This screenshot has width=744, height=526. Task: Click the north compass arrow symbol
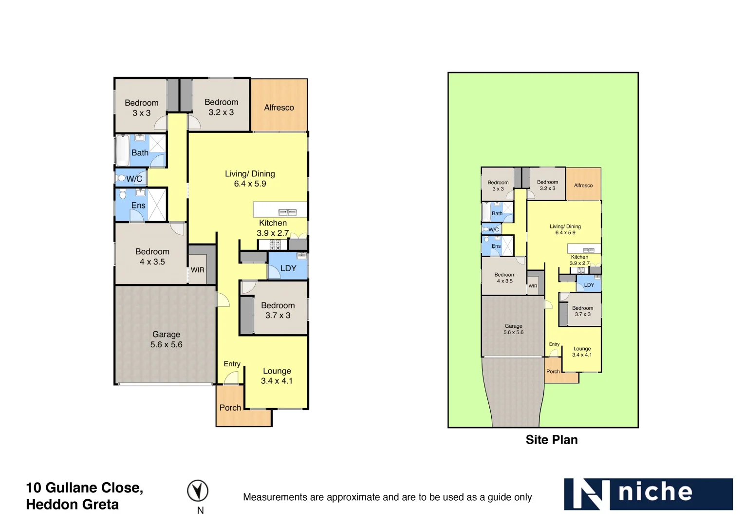tap(198, 490)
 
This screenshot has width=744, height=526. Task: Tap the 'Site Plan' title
tap(552, 440)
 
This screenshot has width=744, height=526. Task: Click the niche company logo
tap(648, 494)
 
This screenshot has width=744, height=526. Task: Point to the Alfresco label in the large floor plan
tap(279, 108)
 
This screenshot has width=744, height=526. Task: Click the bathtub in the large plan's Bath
tap(122, 150)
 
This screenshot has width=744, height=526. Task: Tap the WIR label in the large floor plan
tap(198, 270)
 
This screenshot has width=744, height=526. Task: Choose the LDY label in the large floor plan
tap(288, 268)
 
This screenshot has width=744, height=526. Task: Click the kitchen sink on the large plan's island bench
tap(287, 212)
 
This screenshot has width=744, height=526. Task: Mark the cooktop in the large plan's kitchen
tap(275, 244)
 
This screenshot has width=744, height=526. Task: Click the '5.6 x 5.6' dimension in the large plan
tap(167, 344)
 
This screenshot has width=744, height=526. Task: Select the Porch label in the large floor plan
tap(230, 408)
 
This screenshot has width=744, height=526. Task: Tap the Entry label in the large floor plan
tap(232, 364)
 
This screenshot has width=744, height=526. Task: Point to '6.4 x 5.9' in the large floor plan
tap(250, 184)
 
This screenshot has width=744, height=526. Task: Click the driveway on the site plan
tap(514, 394)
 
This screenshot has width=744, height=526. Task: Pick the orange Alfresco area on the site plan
tap(583, 184)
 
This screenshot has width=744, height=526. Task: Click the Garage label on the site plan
tap(513, 326)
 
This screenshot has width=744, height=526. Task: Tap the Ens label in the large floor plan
tap(138, 206)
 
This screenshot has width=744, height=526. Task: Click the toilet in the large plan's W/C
tap(121, 178)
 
